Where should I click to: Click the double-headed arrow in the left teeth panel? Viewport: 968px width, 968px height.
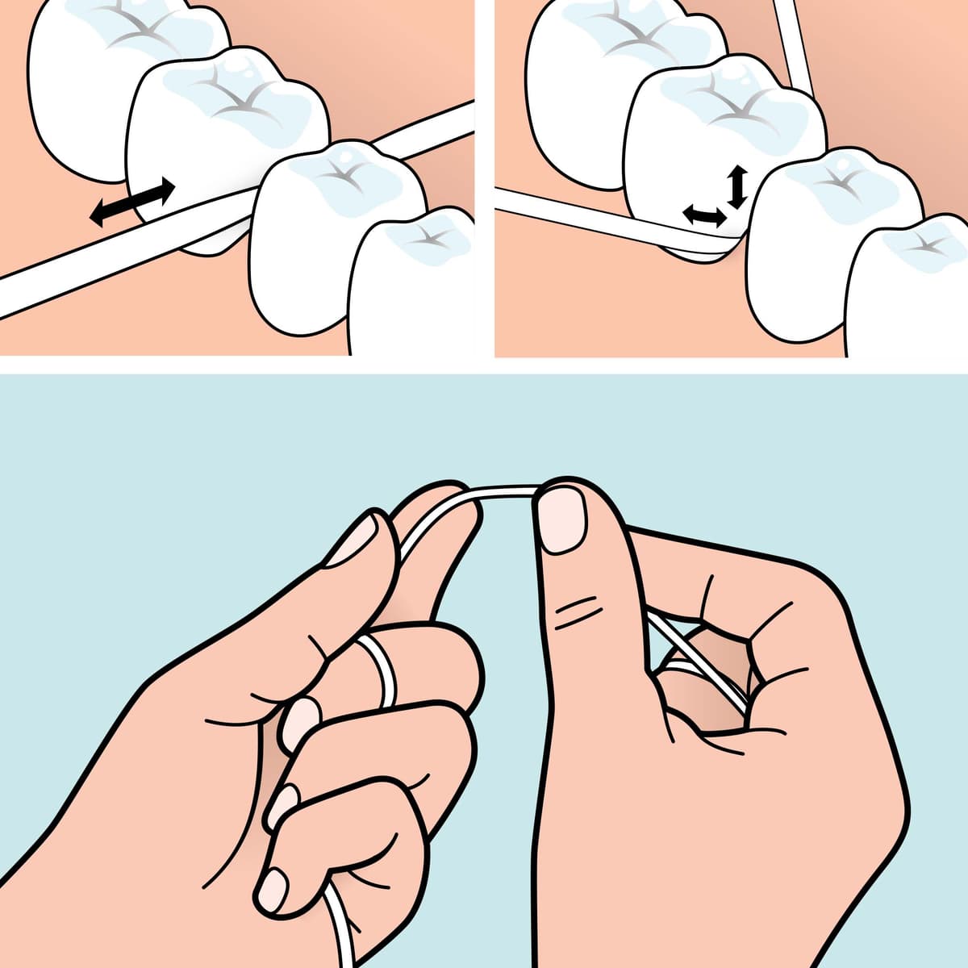[x=132, y=202]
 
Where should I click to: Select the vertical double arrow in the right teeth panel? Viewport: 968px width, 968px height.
[x=735, y=187]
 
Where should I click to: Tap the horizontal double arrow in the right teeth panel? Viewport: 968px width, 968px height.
[x=703, y=215]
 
